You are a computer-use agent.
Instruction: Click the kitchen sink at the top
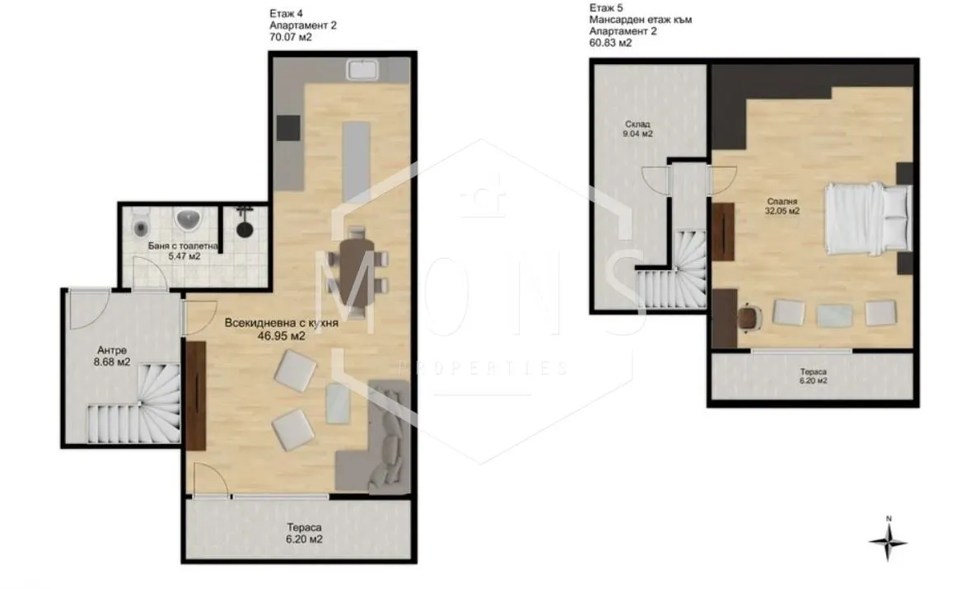coord(364,69)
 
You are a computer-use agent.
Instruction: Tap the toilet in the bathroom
coord(141,225)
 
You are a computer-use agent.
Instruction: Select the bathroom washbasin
coord(189,220)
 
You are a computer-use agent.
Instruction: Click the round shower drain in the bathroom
coord(245,230)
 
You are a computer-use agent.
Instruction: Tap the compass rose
coord(888,541)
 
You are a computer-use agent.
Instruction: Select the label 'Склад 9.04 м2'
coord(638,129)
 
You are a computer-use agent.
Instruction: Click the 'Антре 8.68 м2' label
coord(112,356)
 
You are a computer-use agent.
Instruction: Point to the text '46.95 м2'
coord(281,335)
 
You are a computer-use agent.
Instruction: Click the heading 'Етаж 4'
coord(286,13)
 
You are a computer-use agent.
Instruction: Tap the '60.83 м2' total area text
coord(610,43)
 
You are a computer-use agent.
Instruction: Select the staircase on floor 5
coord(671,270)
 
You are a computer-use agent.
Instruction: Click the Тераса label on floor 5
coord(813,372)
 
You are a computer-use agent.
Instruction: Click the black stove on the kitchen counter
coord(287,129)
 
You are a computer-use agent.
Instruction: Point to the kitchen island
coord(356,161)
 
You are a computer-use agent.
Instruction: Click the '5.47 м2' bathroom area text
coord(184,256)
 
